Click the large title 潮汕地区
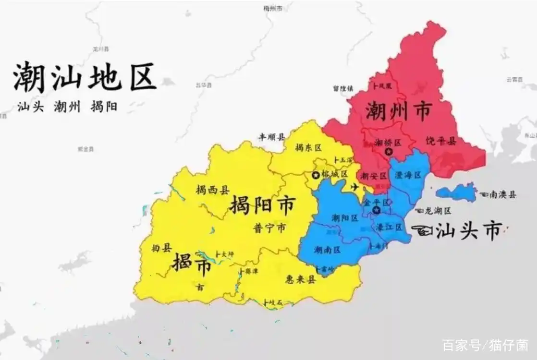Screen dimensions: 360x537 pyautogui.click(x=85, y=78)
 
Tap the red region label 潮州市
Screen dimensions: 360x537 pyautogui.click(x=398, y=111)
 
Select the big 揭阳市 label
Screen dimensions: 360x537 pyautogui.click(x=262, y=206)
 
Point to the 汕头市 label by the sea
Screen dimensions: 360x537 pyautogui.click(x=468, y=231)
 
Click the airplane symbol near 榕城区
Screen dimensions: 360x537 pyautogui.click(x=355, y=187)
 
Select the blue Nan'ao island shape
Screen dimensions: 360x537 pyautogui.click(x=456, y=192)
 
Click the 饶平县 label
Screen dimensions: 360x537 pyautogui.click(x=440, y=141)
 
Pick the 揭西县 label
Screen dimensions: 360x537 pyautogui.click(x=212, y=190)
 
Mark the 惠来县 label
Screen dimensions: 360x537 pyautogui.click(x=300, y=280)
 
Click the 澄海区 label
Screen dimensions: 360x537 pyautogui.click(x=407, y=176)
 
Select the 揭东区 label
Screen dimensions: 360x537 pyautogui.click(x=308, y=148)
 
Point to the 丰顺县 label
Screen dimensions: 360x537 pyautogui.click(x=272, y=136)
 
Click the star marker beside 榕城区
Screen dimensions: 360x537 pyautogui.click(x=316, y=175)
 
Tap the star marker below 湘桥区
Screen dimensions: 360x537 pyautogui.click(x=389, y=152)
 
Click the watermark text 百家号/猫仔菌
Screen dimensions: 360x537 pyautogui.click(x=485, y=344)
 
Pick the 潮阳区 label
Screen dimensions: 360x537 pyautogui.click(x=344, y=218)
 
